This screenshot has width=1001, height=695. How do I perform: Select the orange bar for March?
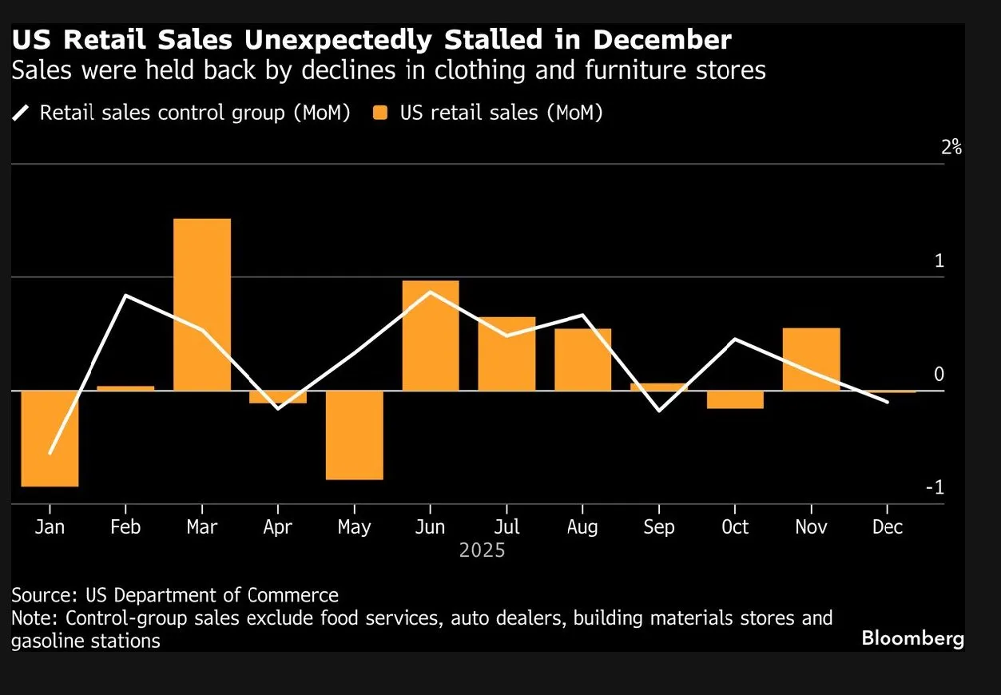tap(202, 304)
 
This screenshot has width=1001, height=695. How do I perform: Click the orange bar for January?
tap(50, 439)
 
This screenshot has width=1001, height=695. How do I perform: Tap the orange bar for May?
tap(354, 435)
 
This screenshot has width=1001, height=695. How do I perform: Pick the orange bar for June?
tap(431, 336)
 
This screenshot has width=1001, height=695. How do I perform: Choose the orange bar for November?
tap(811, 359)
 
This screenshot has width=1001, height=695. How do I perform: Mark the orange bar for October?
tap(735, 399)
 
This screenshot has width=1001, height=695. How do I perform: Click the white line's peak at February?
tap(126, 296)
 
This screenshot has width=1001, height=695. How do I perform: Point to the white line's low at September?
tap(658, 411)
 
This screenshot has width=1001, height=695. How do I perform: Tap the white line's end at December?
tap(887, 402)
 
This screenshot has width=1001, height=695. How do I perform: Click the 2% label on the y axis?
tap(951, 147)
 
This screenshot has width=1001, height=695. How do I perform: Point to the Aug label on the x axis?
tap(582, 527)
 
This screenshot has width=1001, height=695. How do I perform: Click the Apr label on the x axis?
tap(277, 527)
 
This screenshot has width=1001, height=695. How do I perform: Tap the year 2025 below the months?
tap(482, 550)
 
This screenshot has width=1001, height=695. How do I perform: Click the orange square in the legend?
tap(380, 113)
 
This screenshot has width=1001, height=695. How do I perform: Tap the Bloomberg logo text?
tap(912, 638)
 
